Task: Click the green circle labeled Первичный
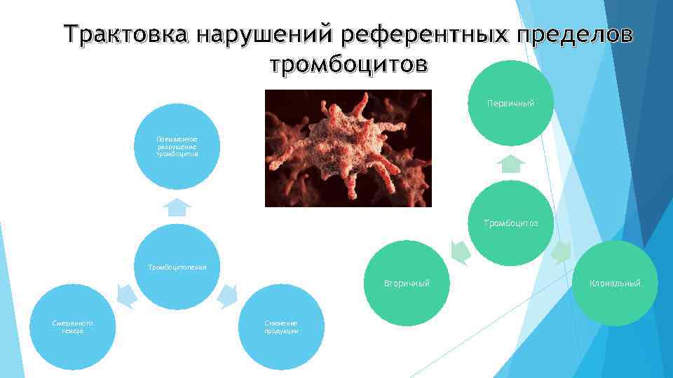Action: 511,104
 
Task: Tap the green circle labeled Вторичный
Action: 407,283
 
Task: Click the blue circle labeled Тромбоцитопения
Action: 177,267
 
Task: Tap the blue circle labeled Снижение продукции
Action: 281,327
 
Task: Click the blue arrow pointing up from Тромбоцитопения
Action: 177,206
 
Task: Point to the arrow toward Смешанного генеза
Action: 125,296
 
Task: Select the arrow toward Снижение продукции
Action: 229,296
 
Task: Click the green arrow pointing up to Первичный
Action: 511,164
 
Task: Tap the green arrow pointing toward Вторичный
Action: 460,253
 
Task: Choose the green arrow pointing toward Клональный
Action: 561,253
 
